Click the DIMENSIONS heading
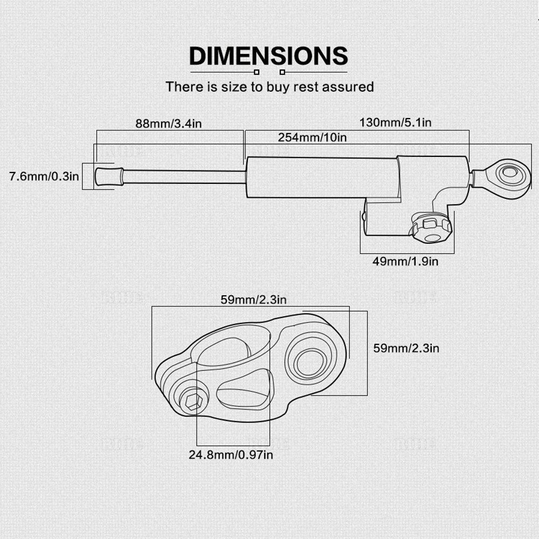point(268,56)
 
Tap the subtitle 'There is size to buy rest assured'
point(269,87)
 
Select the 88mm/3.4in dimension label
point(168,123)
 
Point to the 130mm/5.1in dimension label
point(395,122)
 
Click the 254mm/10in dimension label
point(312,137)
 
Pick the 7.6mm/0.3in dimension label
point(44,176)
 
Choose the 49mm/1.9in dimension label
point(405,261)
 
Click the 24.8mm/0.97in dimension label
point(231,455)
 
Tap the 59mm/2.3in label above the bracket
point(253,300)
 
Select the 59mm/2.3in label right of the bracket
point(406,348)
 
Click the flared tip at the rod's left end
point(109,176)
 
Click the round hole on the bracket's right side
point(310,362)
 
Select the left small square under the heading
point(257,72)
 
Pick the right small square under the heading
point(282,72)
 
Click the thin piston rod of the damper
point(184,176)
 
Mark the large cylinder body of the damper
point(323,178)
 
